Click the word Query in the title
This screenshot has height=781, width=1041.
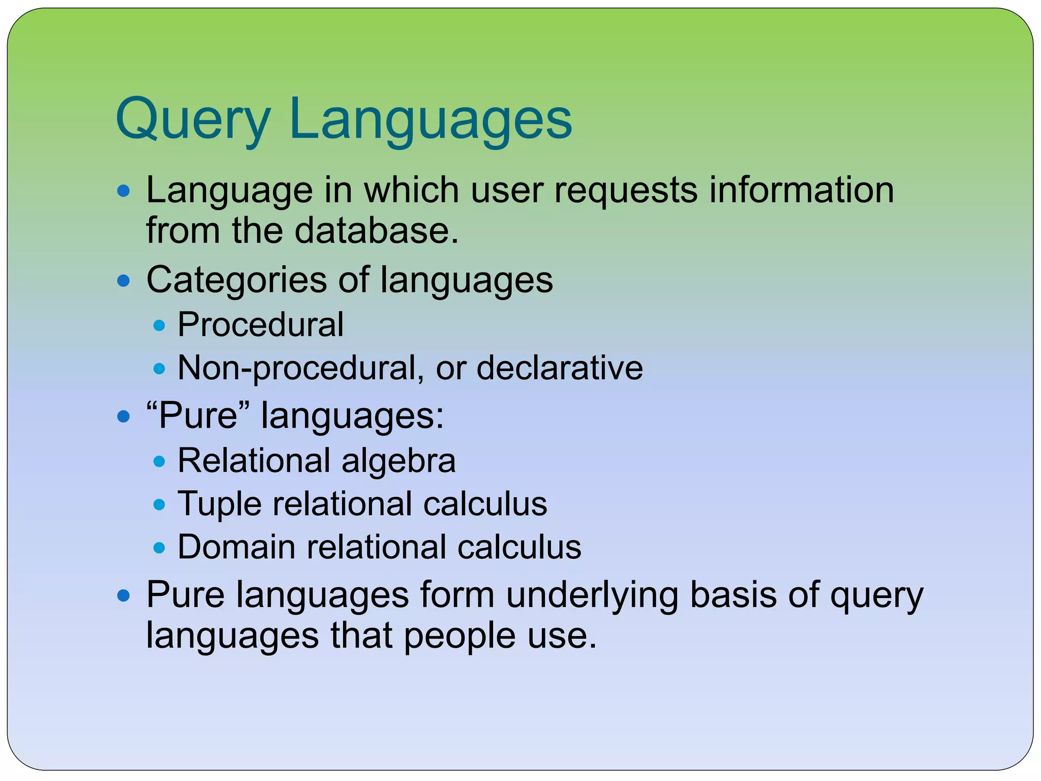(193, 119)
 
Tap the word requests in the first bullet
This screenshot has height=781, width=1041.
(626, 191)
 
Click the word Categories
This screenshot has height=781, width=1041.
(236, 280)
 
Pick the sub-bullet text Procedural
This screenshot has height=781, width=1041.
(260, 324)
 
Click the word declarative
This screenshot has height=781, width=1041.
(560, 368)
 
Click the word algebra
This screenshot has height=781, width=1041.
(399, 461)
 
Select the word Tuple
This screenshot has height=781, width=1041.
(219, 504)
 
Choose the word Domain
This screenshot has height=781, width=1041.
(236, 548)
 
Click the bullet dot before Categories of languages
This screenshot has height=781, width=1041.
(124, 281)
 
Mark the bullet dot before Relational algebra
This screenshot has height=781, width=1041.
(160, 462)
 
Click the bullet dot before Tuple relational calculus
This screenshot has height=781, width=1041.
(160, 505)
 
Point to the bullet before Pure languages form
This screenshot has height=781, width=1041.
(124, 595)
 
